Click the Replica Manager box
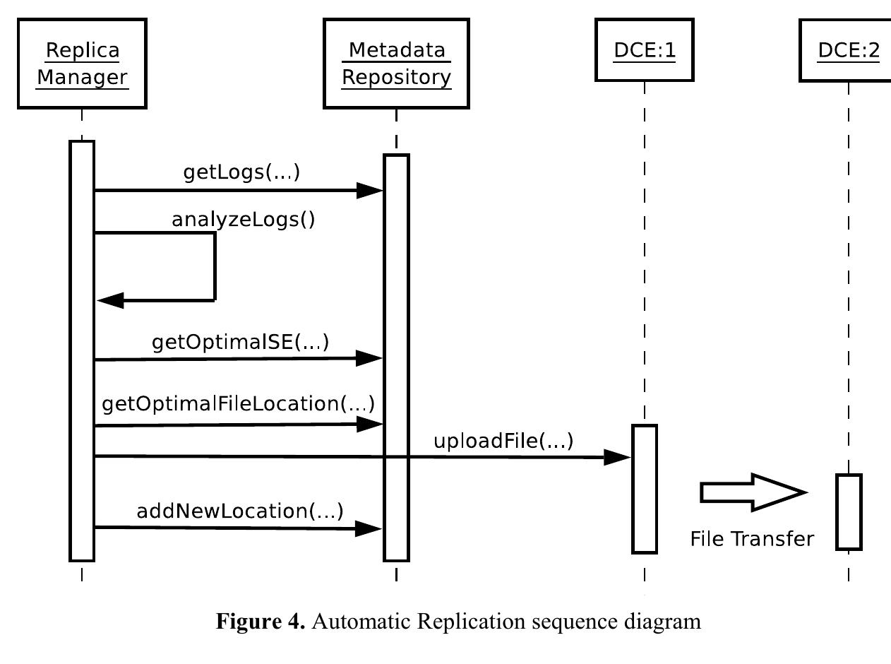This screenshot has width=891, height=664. (x=82, y=64)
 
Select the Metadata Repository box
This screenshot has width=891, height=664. (x=396, y=64)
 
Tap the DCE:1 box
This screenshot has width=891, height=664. (x=644, y=51)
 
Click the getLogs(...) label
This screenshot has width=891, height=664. (x=241, y=172)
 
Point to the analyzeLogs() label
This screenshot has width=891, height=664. (x=244, y=220)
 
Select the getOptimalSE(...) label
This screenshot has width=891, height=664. (x=240, y=343)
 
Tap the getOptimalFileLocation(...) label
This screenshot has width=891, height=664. (x=238, y=404)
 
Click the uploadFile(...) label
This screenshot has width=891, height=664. (x=503, y=441)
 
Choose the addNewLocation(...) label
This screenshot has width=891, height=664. (x=239, y=511)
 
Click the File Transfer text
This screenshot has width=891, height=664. (x=751, y=539)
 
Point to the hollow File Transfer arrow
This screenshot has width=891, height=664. (x=753, y=492)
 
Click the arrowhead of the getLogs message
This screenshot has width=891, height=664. (x=369, y=190)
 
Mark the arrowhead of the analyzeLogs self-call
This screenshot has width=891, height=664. (x=110, y=301)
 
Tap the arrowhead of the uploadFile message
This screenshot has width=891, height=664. (x=617, y=458)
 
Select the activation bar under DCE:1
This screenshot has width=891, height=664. (x=644, y=489)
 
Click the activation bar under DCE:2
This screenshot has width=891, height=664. (x=849, y=512)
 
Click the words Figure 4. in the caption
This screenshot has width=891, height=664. (x=260, y=622)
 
